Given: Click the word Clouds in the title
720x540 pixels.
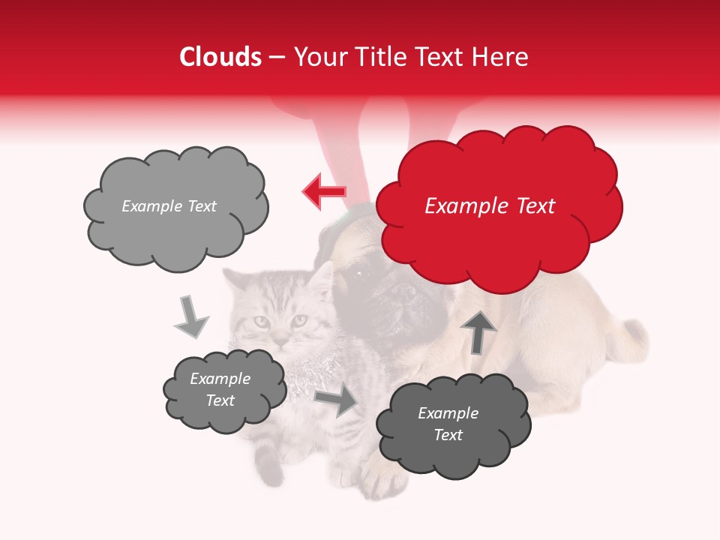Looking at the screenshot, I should click(x=220, y=57).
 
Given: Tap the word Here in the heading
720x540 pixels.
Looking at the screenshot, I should click(x=499, y=57).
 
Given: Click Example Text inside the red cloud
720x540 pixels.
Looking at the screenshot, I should click(x=490, y=206).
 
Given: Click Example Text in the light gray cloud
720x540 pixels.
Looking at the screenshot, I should click(x=169, y=206).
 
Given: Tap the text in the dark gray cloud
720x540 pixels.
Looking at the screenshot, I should click(x=448, y=424).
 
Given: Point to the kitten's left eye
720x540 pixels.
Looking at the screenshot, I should click(x=260, y=321).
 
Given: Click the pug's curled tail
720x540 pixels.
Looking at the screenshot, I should click(x=630, y=337).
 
